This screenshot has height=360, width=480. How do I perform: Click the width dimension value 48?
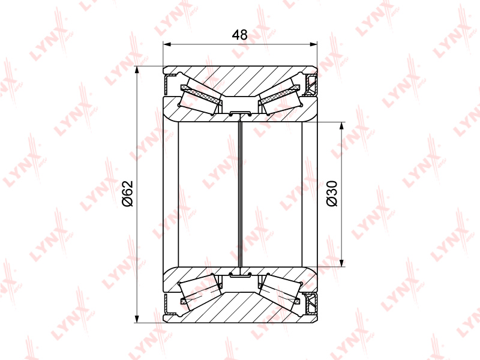pyautogui.click(x=239, y=35)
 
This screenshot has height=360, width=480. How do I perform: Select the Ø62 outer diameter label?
pyautogui.click(x=127, y=194)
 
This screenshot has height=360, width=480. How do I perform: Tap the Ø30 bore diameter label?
pyautogui.click(x=332, y=193)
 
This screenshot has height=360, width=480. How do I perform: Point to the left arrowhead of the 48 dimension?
pyautogui.click(x=167, y=44)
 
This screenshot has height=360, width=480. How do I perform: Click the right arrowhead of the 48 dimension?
pyautogui.click(x=313, y=44)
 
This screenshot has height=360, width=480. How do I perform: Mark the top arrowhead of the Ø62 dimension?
pyautogui.click(x=137, y=70)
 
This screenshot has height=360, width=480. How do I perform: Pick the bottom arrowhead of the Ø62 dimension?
pyautogui.click(x=137, y=319)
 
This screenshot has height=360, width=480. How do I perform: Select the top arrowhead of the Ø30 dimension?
pyautogui.click(x=341, y=126)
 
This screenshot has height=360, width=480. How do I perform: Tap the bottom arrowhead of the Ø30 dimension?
pyautogui.click(x=341, y=263)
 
